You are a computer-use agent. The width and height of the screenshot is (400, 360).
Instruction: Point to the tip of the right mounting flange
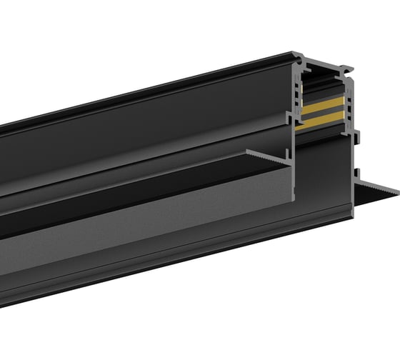tap(396, 190)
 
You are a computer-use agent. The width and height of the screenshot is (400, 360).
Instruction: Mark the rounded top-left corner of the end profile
tap(295, 55)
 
